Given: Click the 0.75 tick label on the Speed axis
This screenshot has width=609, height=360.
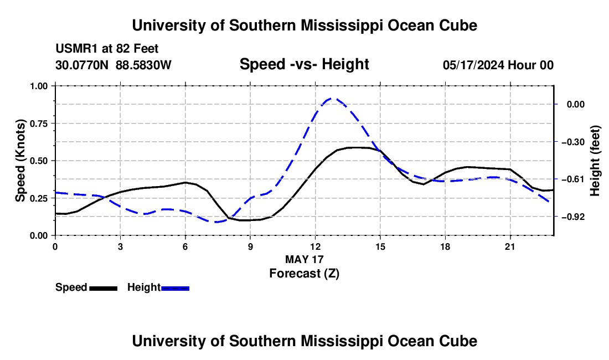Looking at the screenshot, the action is point(39,124).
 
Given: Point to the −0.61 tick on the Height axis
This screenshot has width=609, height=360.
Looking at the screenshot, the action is point(573,179).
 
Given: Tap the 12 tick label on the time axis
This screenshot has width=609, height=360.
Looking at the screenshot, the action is point(315,246).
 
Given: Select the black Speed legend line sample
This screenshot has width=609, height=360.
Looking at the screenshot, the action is point(104,289).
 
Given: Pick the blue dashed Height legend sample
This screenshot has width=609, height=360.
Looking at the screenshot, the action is point(175,289).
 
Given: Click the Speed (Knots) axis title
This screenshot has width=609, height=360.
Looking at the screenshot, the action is point(20,161).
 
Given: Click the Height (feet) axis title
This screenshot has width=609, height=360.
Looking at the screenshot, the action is point(595,161).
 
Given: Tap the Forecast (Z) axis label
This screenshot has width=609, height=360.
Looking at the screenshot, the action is point(304,274).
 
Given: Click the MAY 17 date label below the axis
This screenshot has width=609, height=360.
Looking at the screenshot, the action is point(304,259).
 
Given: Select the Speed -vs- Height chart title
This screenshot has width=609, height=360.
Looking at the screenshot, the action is point(304,64).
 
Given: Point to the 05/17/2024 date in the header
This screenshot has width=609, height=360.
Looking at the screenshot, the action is point(474,65).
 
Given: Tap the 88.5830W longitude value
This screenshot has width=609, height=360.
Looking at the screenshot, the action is point(143,65).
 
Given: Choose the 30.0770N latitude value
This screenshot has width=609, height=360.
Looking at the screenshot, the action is point(82,65).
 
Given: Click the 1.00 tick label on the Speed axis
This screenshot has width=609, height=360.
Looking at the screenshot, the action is point(39,86).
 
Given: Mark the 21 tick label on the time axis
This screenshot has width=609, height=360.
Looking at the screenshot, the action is point(509,246).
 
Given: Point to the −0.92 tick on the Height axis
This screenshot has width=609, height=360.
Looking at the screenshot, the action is point(573,217).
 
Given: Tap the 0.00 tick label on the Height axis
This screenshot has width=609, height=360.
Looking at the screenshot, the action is point(576,105).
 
